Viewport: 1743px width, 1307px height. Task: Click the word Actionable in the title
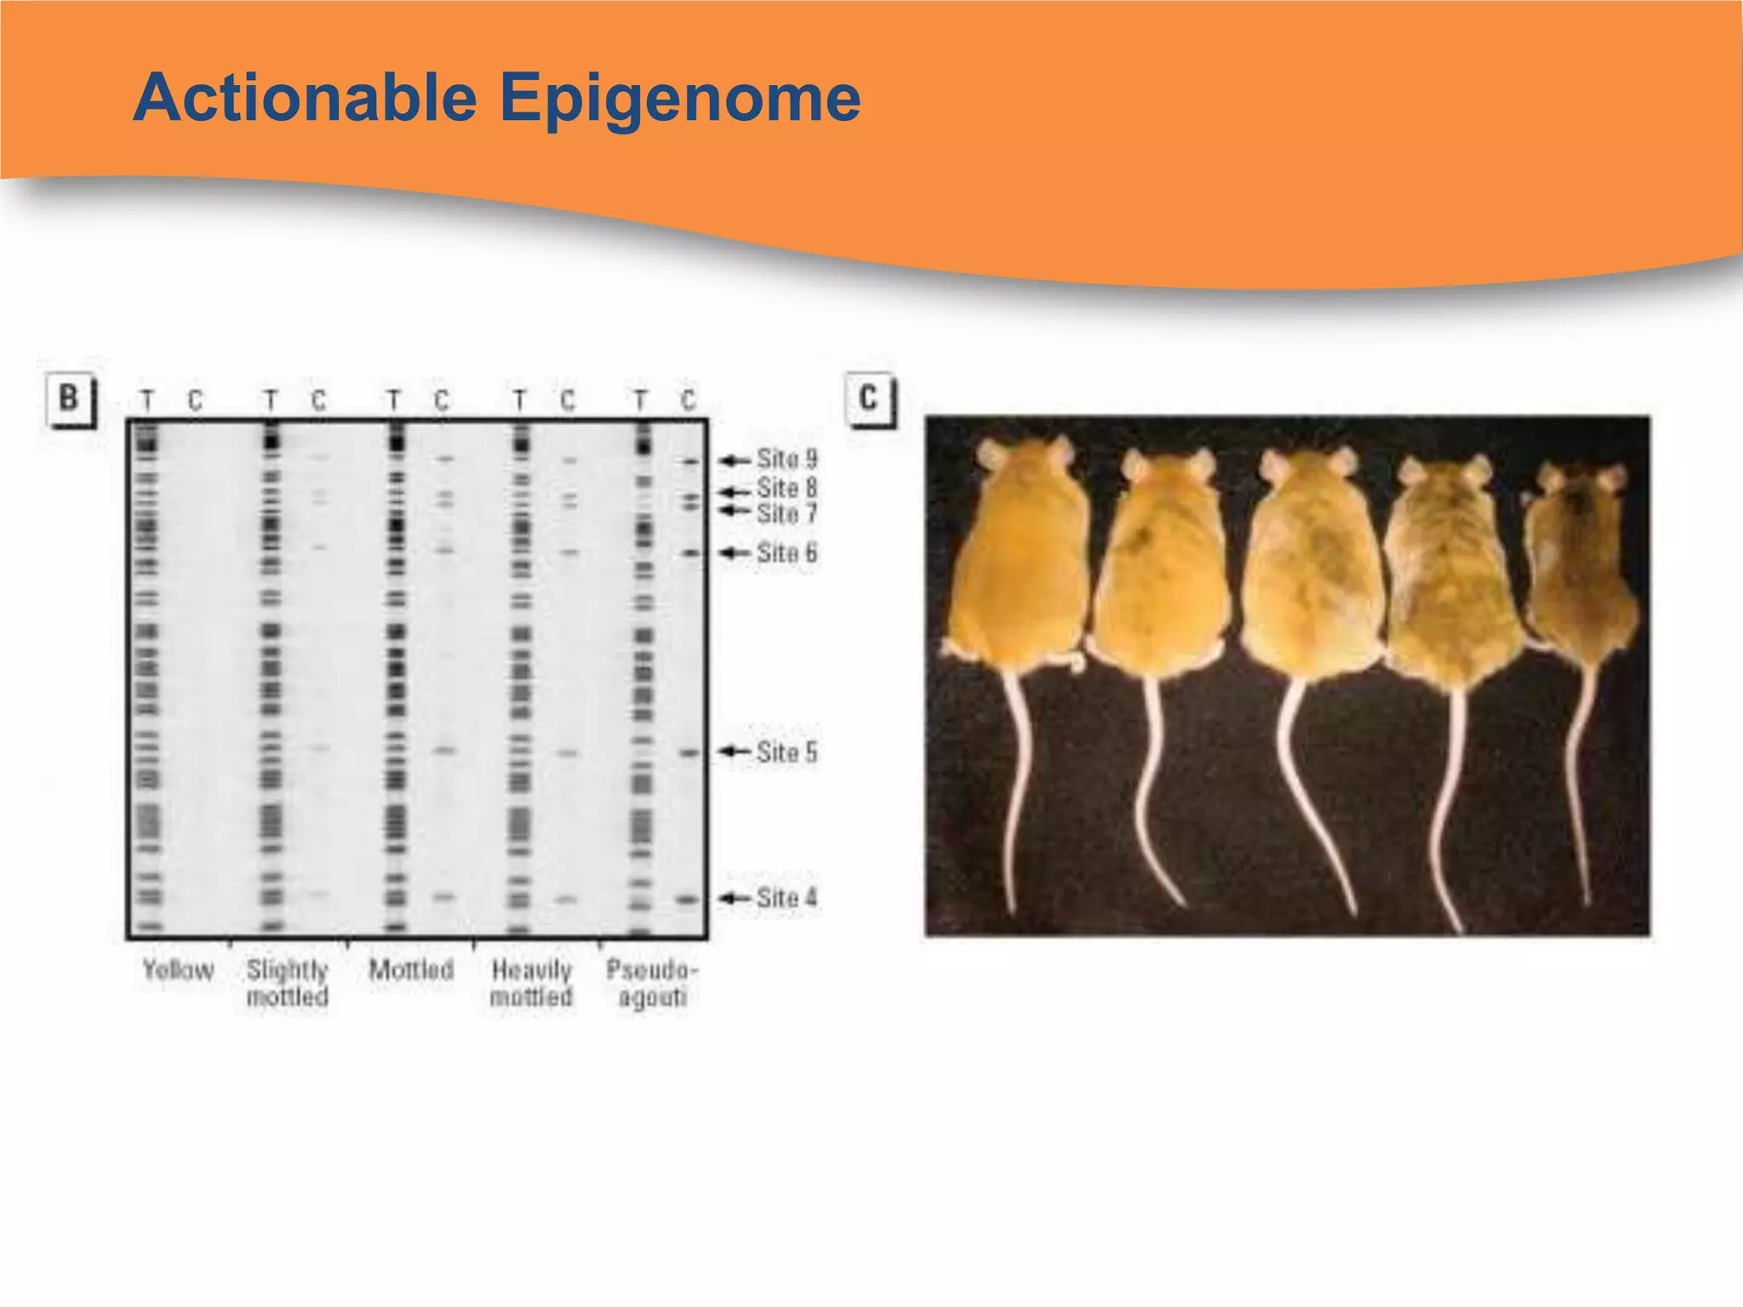click(x=305, y=98)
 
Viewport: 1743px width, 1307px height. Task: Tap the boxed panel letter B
click(x=69, y=398)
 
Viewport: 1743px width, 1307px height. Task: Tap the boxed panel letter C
click(x=868, y=398)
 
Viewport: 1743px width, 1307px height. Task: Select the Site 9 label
click(x=786, y=459)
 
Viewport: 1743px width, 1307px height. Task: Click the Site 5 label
click(x=786, y=752)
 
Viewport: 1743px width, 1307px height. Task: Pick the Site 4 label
click(x=786, y=898)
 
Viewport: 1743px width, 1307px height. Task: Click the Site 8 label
click(x=786, y=488)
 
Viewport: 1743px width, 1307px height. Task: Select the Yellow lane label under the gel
click(x=177, y=970)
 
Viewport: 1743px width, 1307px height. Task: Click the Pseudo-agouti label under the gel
click(x=652, y=983)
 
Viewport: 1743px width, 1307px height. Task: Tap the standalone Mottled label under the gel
click(x=411, y=970)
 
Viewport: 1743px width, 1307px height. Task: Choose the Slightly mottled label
click(x=287, y=983)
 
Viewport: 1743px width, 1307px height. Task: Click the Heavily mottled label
click(x=531, y=983)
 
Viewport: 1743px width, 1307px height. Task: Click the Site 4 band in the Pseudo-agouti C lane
click(x=688, y=899)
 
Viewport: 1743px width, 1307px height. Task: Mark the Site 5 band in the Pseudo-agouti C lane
click(x=689, y=753)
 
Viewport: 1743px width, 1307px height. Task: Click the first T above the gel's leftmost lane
click(x=147, y=400)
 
